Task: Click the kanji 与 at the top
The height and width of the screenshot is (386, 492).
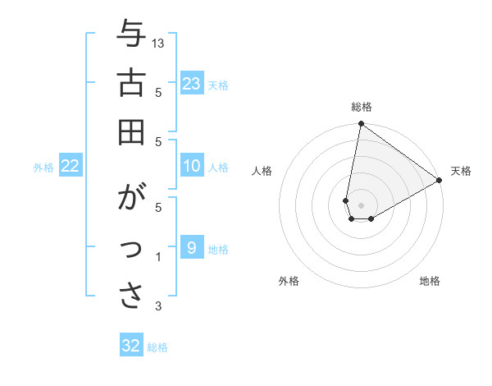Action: [131, 35]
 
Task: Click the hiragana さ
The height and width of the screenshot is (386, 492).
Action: [131, 296]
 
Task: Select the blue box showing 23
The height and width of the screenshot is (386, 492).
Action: [192, 83]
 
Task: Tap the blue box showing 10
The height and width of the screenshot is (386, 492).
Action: [192, 167]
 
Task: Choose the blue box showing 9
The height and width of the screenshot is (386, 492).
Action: [192, 247]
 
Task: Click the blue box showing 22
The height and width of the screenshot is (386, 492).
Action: [71, 167]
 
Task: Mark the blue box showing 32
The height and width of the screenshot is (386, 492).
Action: [131, 346]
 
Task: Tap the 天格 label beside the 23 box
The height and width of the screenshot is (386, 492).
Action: [218, 85]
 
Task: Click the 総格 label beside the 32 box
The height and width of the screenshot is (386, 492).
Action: [157, 347]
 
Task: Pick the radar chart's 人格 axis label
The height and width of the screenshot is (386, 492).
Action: [262, 171]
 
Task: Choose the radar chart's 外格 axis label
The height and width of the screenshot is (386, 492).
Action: [289, 281]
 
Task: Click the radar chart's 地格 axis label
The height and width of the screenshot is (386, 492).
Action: [430, 281]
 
